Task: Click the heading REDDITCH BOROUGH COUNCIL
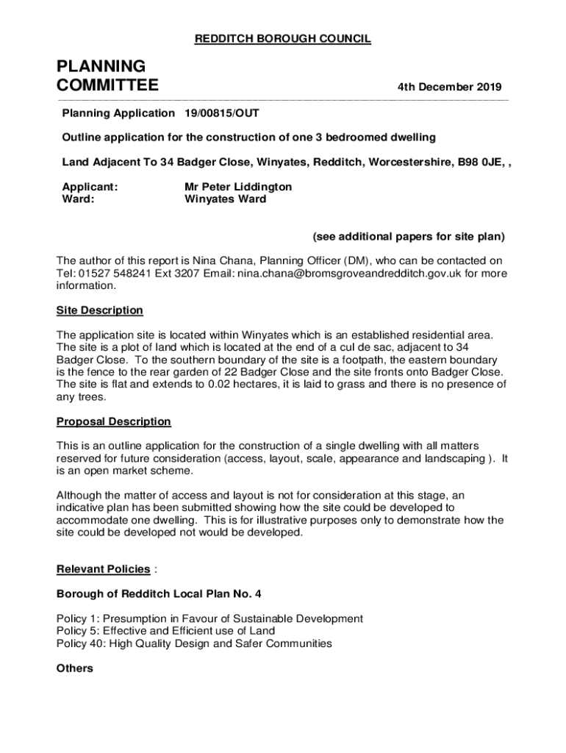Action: [x=282, y=39]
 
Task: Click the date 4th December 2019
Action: [x=450, y=88]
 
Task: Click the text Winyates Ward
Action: [x=225, y=199]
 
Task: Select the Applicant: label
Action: [x=90, y=187]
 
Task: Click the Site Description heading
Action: [x=100, y=310]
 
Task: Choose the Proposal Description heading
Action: [x=114, y=421]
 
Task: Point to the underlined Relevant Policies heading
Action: [x=104, y=569]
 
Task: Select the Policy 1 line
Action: [x=209, y=619]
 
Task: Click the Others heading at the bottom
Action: [x=75, y=668]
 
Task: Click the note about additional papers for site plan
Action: [x=409, y=237]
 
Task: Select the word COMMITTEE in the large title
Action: [x=107, y=86]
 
